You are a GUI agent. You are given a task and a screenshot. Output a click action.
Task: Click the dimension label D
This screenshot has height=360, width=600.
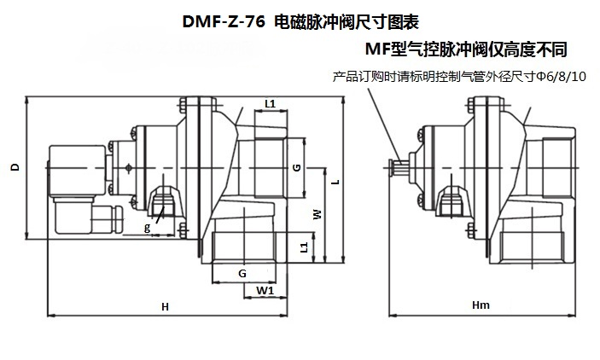click(15, 167)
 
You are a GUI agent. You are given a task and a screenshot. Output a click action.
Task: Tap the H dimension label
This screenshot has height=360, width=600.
click(165, 307)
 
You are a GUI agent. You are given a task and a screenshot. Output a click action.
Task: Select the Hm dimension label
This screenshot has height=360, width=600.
click(481, 305)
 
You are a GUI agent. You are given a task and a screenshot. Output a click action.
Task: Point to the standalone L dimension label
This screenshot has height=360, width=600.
click(335, 182)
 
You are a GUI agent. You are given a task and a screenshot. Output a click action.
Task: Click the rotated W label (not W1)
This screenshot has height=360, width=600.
click(317, 214)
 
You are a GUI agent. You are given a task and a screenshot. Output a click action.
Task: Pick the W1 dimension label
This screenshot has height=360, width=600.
click(265, 290)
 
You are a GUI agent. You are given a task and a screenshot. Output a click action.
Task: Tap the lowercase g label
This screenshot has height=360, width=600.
click(148, 228)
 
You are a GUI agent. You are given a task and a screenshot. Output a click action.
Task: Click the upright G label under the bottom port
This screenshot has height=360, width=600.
click(242, 273)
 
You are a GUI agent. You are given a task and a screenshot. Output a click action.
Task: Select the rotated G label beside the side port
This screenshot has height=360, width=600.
click(296, 167)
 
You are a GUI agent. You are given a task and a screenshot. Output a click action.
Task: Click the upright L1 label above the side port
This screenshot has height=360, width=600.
click(271, 104)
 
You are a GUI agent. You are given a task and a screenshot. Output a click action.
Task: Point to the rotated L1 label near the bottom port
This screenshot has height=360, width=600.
click(304, 247)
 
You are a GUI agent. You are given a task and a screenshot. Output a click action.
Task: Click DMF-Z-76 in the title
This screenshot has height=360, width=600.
click(224, 22)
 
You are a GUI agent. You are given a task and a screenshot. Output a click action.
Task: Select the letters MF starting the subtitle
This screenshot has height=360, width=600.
click(377, 49)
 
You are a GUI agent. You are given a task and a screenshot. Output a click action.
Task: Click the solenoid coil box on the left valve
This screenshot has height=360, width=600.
click(78, 171)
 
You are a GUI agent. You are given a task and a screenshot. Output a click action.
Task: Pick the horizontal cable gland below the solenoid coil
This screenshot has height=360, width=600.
click(105, 219)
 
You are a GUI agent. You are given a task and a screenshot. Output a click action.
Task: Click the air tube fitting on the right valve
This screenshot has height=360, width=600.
click(399, 167)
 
